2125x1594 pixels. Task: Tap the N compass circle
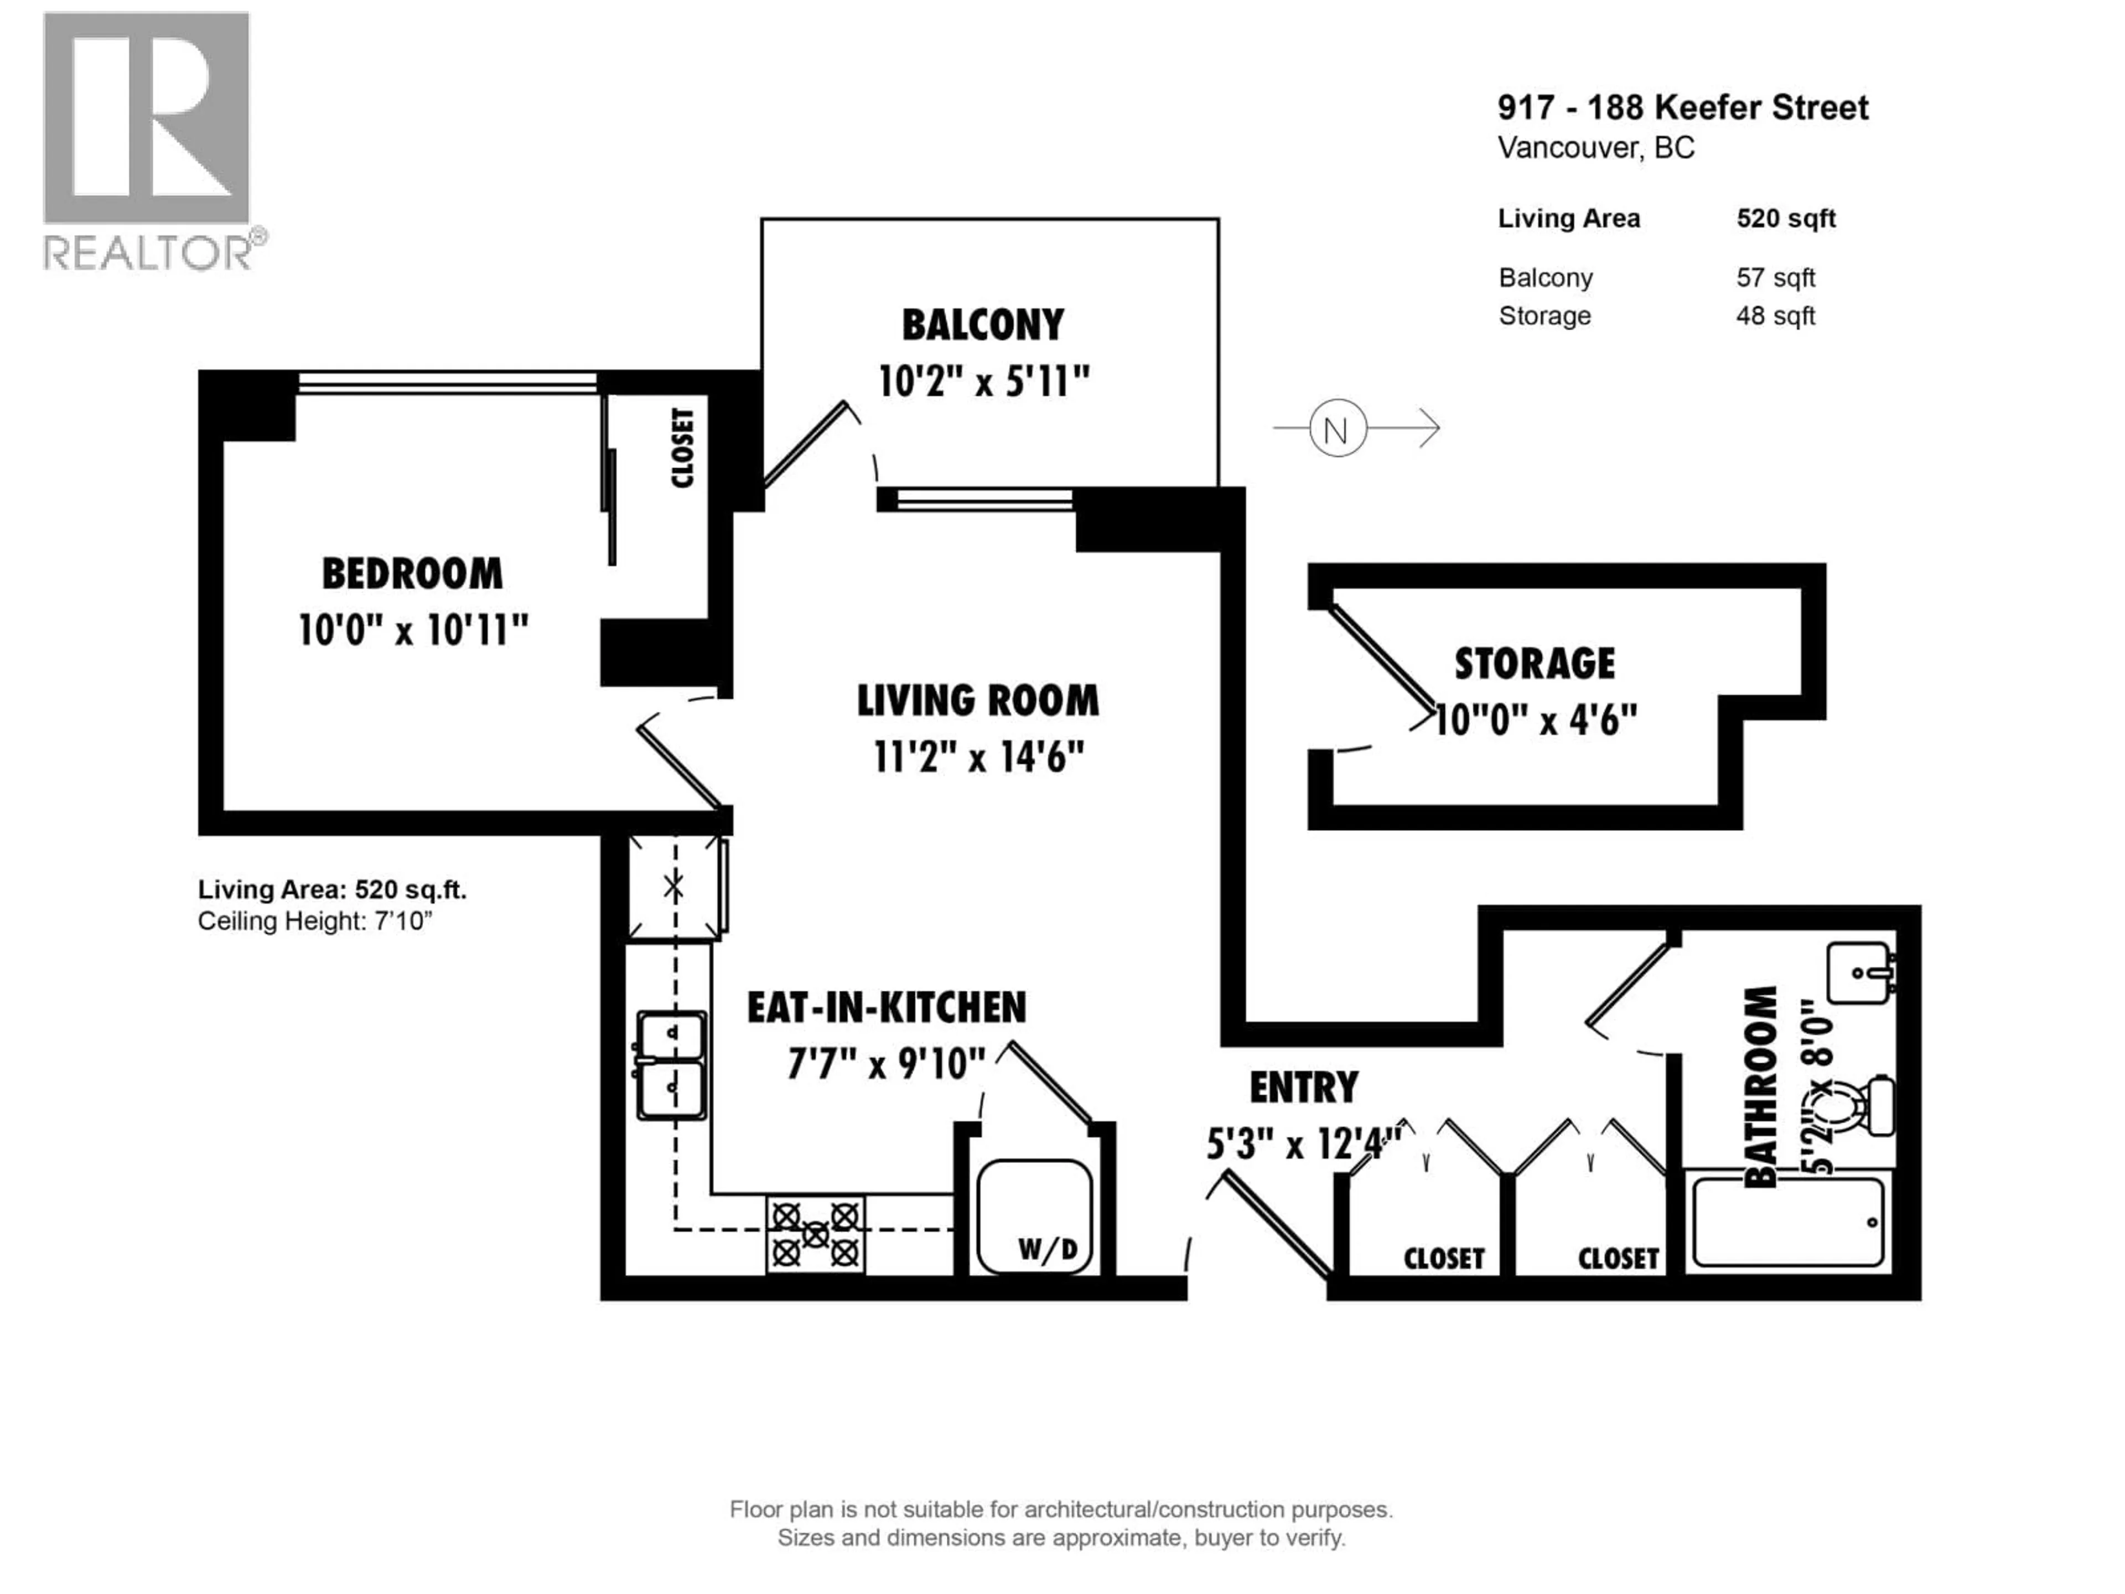point(1336,428)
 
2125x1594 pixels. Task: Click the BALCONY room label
point(982,325)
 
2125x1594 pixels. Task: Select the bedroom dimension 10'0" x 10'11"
point(413,632)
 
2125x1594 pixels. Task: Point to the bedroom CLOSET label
point(682,448)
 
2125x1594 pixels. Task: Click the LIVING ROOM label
point(977,701)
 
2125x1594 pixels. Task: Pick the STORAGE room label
point(1534,664)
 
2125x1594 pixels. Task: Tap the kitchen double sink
point(671,1064)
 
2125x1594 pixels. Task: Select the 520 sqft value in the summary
point(1785,219)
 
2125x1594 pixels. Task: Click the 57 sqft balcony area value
point(1774,278)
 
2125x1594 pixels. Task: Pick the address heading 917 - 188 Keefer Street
point(1682,107)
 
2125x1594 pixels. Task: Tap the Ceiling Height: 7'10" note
point(315,922)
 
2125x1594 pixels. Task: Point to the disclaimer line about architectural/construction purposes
point(1061,1509)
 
